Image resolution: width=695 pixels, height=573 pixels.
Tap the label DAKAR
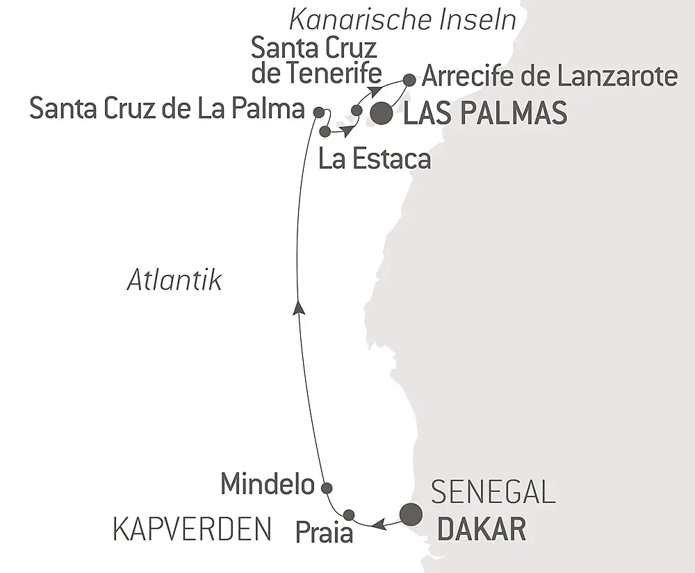point(480,531)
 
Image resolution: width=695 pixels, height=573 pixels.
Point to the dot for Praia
point(349,515)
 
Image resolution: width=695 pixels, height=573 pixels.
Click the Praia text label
point(325,533)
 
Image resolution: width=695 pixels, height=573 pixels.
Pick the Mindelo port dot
point(325,487)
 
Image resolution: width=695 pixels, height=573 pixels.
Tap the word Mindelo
point(268,485)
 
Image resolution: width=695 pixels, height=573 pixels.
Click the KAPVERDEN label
point(192,531)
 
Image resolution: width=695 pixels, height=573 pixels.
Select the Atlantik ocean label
point(174,281)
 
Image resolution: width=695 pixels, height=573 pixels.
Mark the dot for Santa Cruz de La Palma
point(318,111)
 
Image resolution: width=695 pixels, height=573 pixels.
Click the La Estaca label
point(374,159)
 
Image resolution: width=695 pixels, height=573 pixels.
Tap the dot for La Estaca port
point(324,130)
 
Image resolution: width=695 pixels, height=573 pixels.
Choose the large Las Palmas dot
point(380,114)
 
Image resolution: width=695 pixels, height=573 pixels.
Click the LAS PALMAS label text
point(485,114)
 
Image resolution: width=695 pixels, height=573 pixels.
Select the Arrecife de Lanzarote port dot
point(409,79)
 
